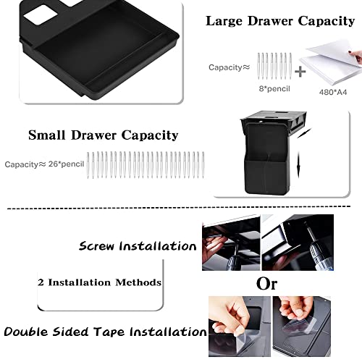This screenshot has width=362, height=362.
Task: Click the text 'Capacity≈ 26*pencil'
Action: tap(43, 164)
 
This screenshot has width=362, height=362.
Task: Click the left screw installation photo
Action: tap(227, 244)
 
